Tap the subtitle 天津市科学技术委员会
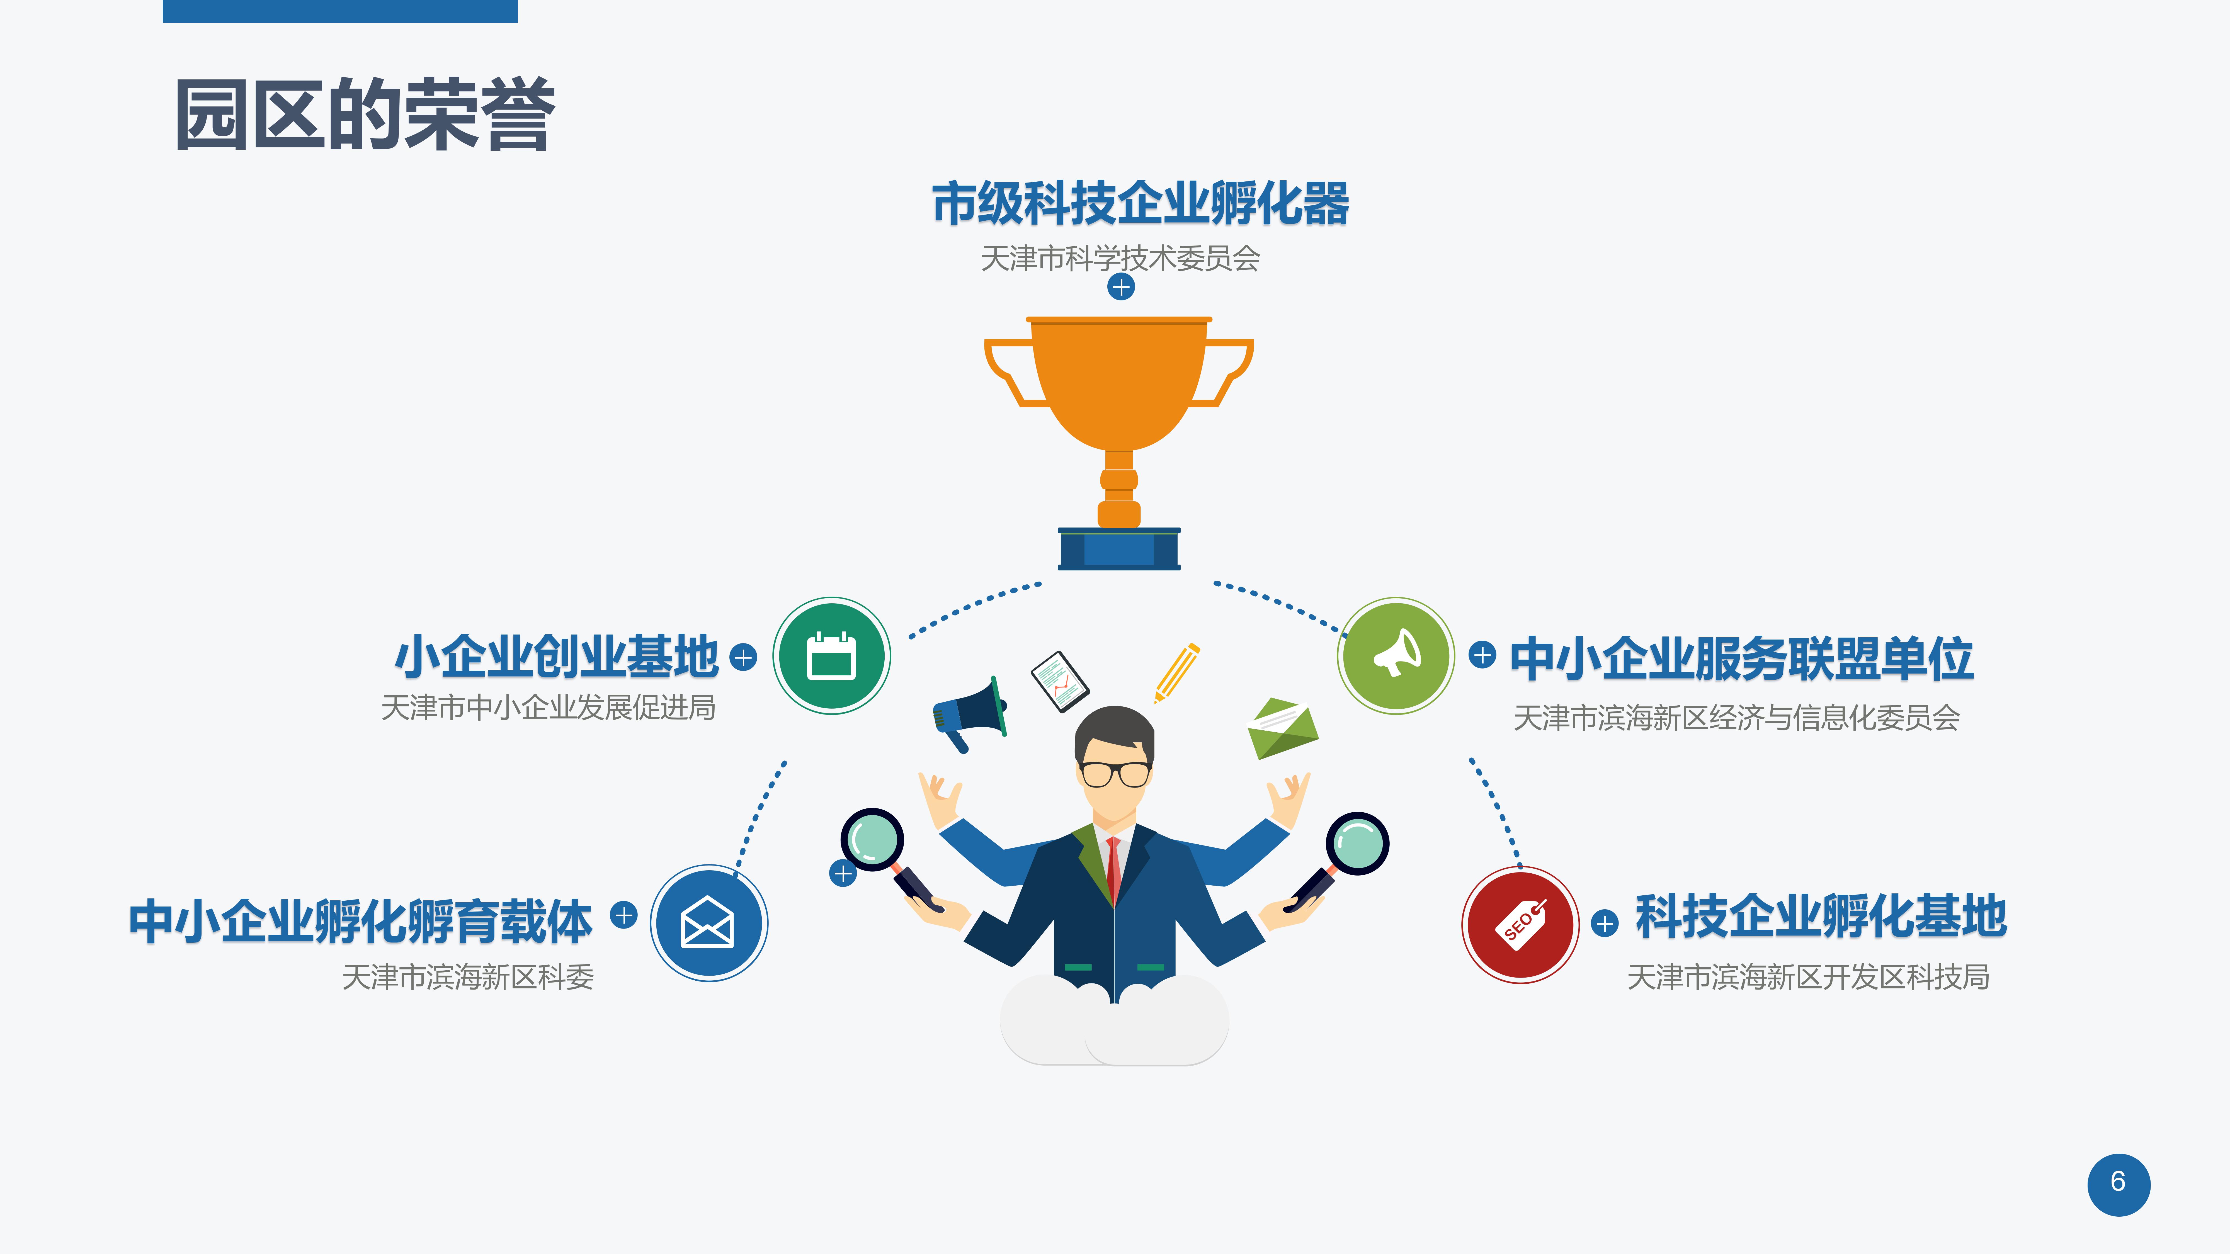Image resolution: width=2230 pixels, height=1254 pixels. click(1120, 258)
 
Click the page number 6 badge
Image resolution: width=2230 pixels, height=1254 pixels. click(2118, 1184)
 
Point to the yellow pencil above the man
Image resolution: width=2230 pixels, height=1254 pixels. click(1176, 672)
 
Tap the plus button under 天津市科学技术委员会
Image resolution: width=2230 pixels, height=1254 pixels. click(1121, 286)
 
